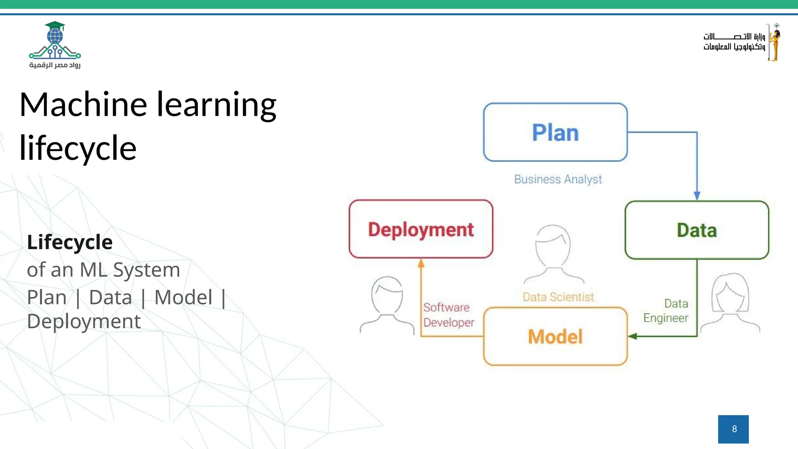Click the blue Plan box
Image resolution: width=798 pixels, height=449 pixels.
tap(555, 132)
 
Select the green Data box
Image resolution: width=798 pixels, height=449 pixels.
tap(697, 230)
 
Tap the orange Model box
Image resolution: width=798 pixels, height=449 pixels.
tap(555, 336)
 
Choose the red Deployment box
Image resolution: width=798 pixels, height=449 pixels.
tap(421, 229)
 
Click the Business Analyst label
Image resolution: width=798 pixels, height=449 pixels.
tap(558, 179)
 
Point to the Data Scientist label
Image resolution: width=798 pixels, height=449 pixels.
tap(558, 297)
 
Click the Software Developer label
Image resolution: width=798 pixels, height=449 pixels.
tap(448, 315)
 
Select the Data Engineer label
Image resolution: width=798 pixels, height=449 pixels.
tap(666, 311)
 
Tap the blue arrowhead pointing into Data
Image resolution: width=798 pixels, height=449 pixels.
tap(697, 196)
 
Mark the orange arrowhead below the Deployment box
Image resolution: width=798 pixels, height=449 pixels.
tap(421, 263)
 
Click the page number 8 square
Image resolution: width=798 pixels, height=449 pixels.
tap(733, 429)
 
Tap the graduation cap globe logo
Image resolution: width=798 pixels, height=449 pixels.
tap(55, 41)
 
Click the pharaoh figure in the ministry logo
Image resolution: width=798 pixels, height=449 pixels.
tap(775, 42)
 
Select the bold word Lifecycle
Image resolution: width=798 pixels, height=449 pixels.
tap(70, 242)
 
